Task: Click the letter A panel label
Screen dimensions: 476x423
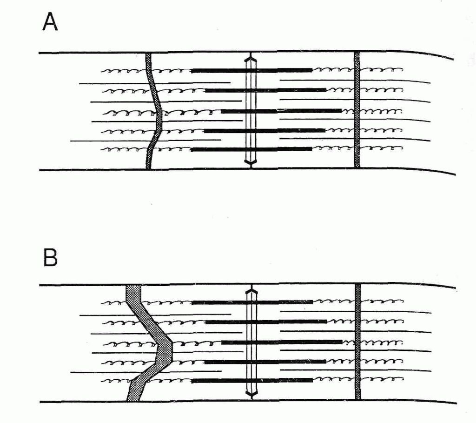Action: [x=50, y=22]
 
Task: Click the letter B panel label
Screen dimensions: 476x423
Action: [x=50, y=258]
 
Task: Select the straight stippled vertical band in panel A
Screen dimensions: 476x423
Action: [x=357, y=110]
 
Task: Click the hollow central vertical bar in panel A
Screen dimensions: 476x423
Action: [x=251, y=111]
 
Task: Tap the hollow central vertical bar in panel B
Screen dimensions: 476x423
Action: [x=251, y=342]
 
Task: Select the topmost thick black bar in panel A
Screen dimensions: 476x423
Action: [x=251, y=71]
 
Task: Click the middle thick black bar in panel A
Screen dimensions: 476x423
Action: [x=281, y=111]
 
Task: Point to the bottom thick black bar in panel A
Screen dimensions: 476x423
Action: [x=251, y=149]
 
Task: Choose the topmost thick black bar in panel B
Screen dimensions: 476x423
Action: [x=252, y=302]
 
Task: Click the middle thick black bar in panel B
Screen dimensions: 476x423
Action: [x=282, y=342]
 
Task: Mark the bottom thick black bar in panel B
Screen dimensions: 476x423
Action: [x=252, y=381]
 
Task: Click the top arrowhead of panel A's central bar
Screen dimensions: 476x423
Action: [x=251, y=57]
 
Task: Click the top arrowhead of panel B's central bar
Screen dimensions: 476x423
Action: [x=251, y=289]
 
